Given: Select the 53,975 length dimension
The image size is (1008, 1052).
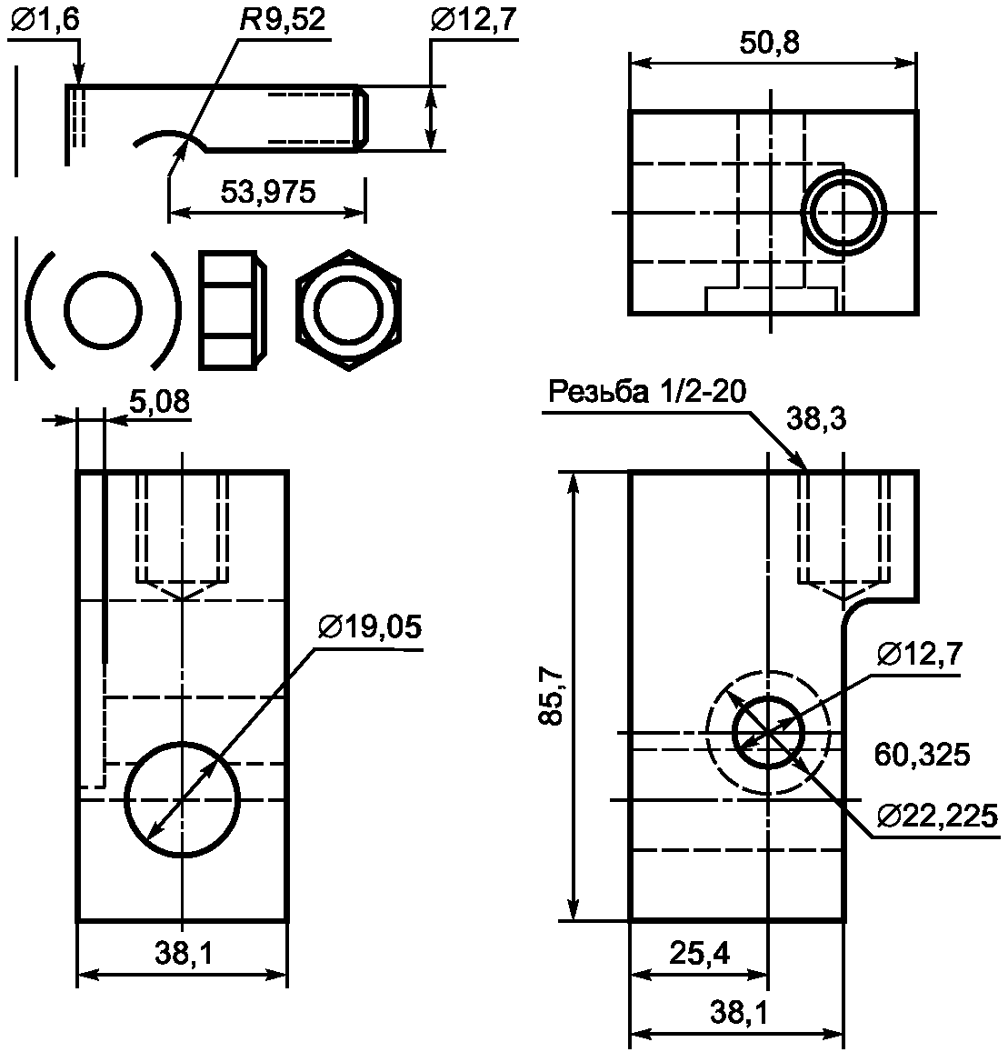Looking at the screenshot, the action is [267, 193].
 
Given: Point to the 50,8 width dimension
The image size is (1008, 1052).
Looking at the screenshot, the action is [769, 44].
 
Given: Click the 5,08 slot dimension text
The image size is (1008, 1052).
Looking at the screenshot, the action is [159, 402].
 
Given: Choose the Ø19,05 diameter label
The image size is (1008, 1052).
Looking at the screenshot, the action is [370, 627].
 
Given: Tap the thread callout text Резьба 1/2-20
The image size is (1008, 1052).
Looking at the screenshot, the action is [647, 391].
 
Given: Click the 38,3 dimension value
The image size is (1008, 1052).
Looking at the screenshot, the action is [816, 419].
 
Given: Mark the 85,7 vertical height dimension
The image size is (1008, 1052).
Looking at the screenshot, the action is [553, 696].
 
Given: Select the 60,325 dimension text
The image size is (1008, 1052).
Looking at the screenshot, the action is [922, 755].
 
